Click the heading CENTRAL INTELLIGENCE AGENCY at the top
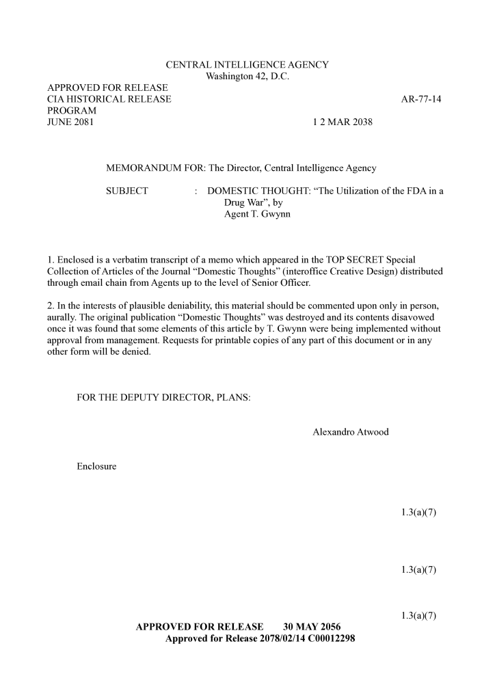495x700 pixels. click(x=247, y=65)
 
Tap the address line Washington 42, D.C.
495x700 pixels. click(x=247, y=77)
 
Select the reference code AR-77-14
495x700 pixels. click(x=421, y=99)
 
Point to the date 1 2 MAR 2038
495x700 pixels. click(x=343, y=122)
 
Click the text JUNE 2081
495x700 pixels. click(x=70, y=122)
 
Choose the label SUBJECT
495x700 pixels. click(x=127, y=191)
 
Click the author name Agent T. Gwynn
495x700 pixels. click(x=252, y=215)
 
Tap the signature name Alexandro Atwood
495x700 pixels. click(x=350, y=432)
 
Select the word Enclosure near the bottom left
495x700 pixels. click(x=96, y=467)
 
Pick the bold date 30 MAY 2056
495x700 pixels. click(x=312, y=627)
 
